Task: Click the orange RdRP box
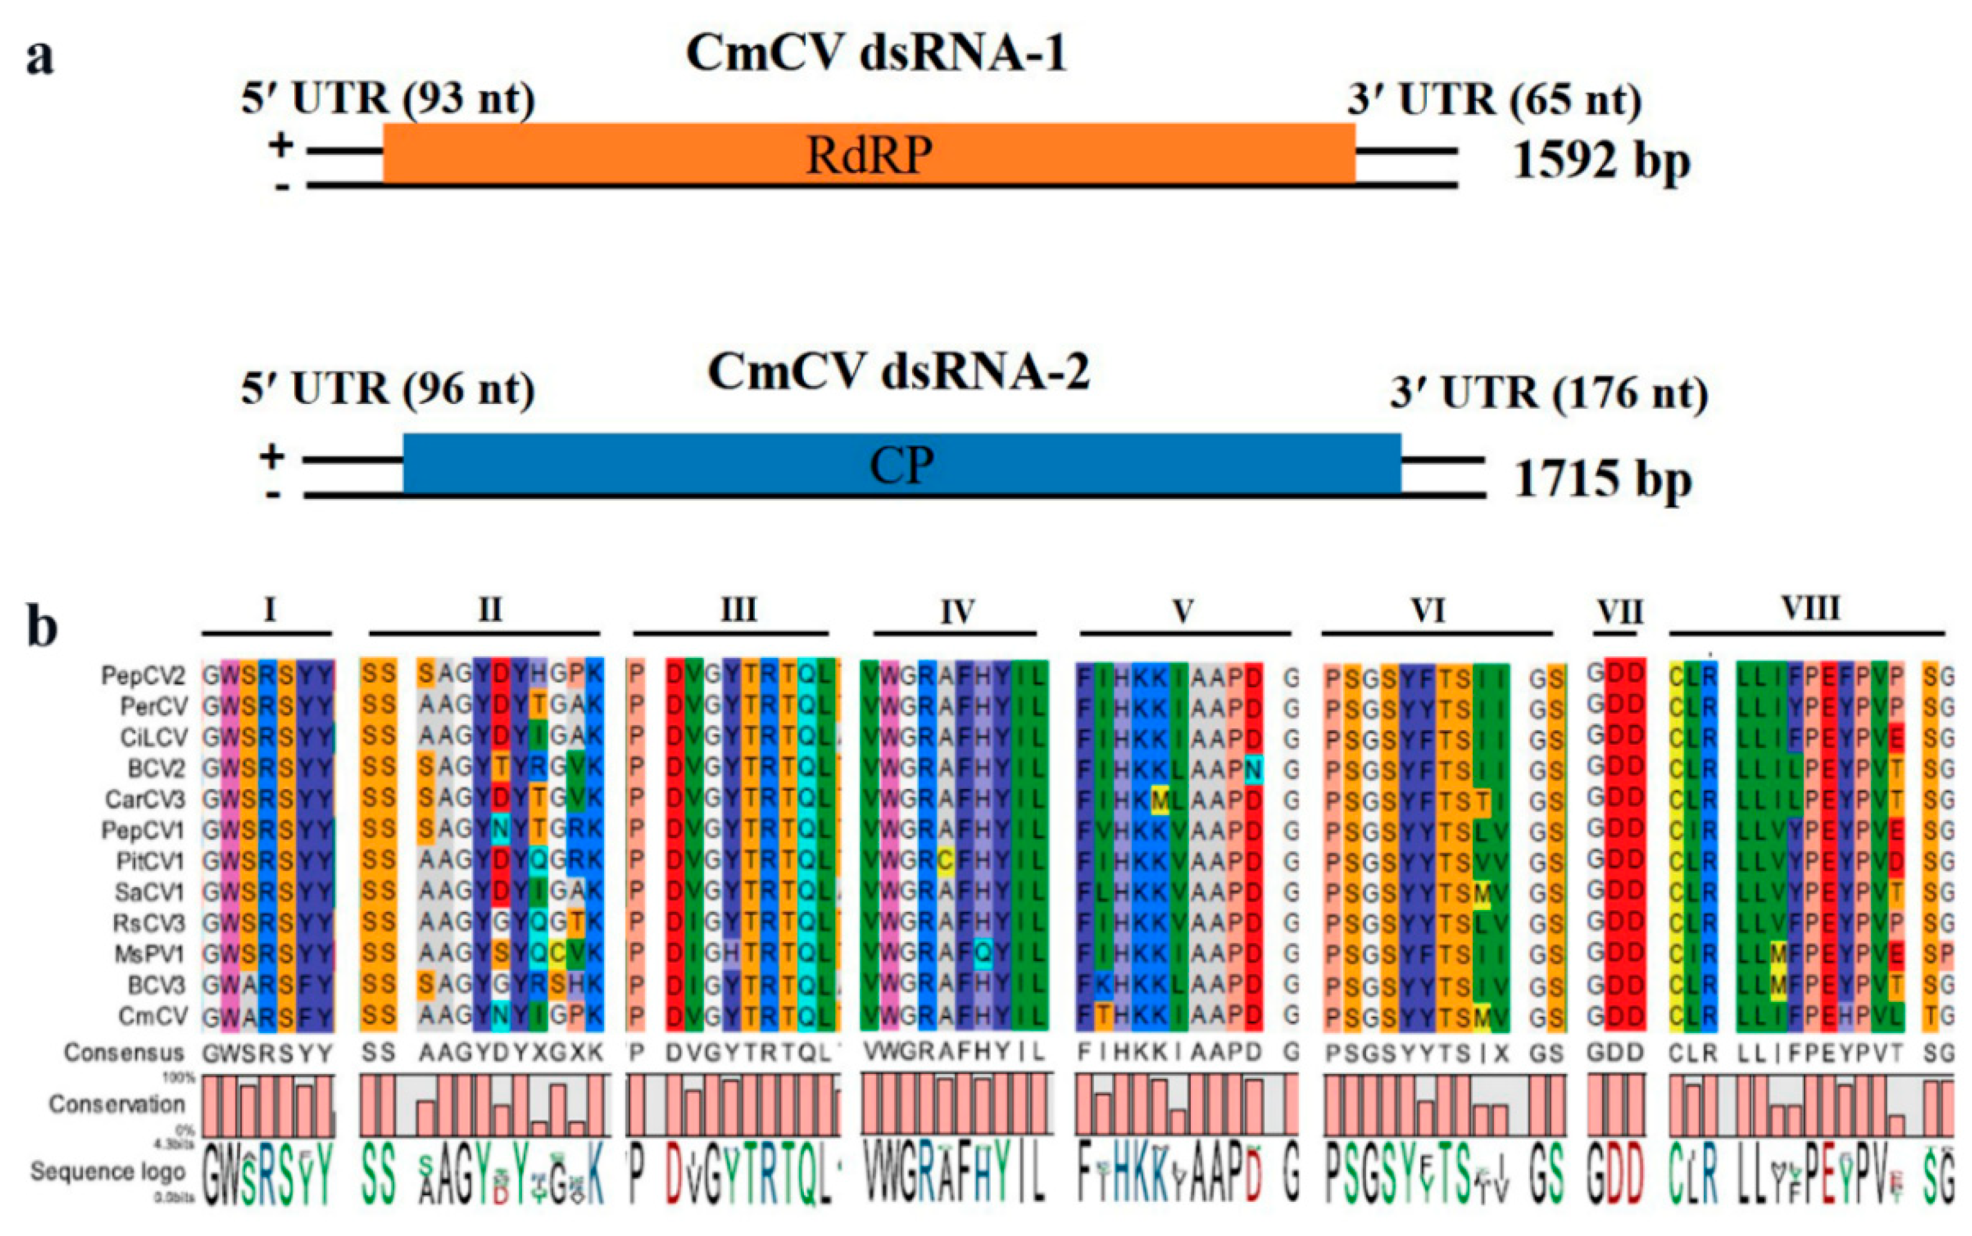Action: click(869, 154)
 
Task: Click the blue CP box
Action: click(902, 464)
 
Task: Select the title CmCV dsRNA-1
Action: click(877, 54)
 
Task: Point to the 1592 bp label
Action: click(1601, 160)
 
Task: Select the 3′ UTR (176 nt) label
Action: click(1549, 393)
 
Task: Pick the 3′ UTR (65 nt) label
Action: click(1495, 100)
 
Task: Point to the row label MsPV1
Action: click(150, 954)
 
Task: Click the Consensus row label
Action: click(124, 1052)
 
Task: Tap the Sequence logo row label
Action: click(108, 1171)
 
